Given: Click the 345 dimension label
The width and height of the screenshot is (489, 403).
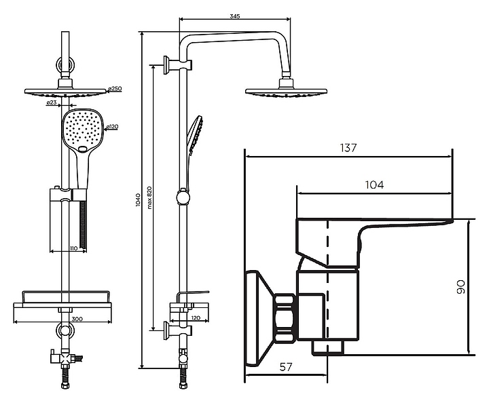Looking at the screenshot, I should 236,16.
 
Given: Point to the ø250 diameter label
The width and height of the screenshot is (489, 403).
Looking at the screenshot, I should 115,89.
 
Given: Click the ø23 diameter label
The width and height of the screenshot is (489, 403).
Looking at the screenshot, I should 51,103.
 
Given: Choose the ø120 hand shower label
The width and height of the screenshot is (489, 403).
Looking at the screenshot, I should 113,126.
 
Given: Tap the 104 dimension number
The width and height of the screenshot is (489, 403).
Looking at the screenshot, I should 374,185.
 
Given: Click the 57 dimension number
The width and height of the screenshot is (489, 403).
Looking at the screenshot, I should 286,367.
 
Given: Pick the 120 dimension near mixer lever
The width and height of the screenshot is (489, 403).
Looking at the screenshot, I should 195,318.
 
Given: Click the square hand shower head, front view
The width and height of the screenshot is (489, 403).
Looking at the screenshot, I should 82,130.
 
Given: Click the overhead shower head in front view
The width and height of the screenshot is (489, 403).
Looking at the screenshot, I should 66,92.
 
